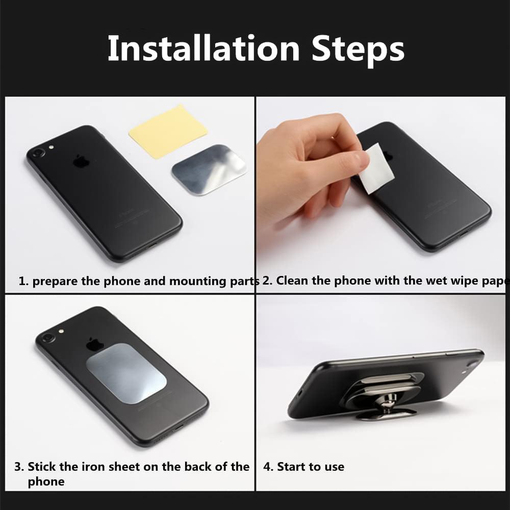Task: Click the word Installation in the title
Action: [x=203, y=48]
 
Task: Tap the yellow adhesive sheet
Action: [x=168, y=131]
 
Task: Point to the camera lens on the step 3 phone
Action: [x=47, y=338]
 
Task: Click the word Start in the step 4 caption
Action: [x=292, y=467]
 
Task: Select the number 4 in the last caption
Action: [x=267, y=467]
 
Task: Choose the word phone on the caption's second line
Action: [x=46, y=482]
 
